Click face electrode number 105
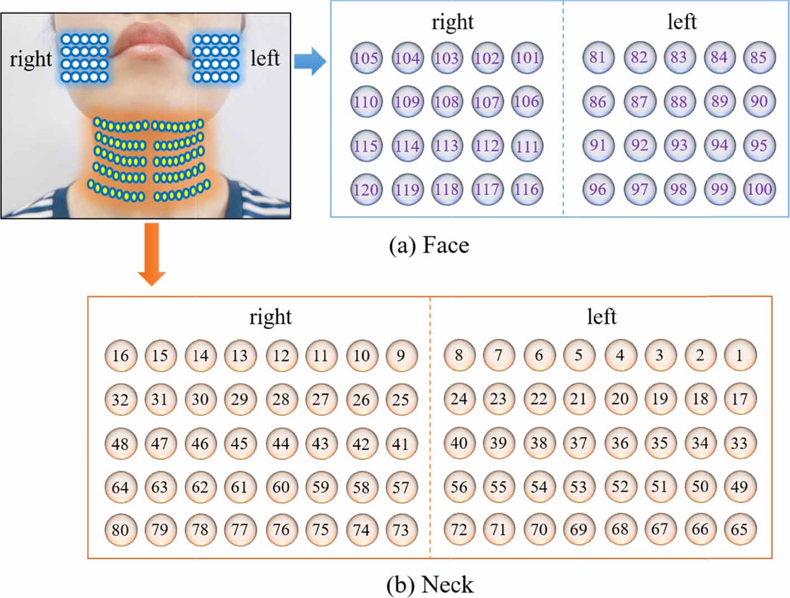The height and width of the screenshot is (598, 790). pyautogui.click(x=366, y=58)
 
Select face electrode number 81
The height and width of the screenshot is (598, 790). pyautogui.click(x=598, y=57)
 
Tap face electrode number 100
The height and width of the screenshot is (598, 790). pyautogui.click(x=759, y=190)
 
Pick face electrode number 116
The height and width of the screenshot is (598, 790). pyautogui.click(x=527, y=190)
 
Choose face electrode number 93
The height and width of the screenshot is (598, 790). pyautogui.click(x=679, y=145)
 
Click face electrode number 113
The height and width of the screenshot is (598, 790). pyautogui.click(x=447, y=146)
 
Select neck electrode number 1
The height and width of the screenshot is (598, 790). pyautogui.click(x=740, y=355)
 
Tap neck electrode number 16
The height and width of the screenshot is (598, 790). pyautogui.click(x=120, y=355)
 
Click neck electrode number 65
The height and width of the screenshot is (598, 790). pyautogui.click(x=740, y=530)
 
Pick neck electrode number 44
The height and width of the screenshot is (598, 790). pyautogui.click(x=281, y=443)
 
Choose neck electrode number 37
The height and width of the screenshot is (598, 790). pyautogui.click(x=579, y=443)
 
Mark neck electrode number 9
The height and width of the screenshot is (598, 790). pyautogui.click(x=401, y=355)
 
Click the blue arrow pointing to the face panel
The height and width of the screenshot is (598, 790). pyautogui.click(x=309, y=61)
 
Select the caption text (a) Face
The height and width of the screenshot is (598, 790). pyautogui.click(x=429, y=245)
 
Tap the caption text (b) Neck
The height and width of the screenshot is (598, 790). pyautogui.click(x=430, y=585)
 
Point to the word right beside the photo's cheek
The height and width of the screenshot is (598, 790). pyautogui.click(x=30, y=59)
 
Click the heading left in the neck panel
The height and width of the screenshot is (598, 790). pyautogui.click(x=601, y=317)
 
